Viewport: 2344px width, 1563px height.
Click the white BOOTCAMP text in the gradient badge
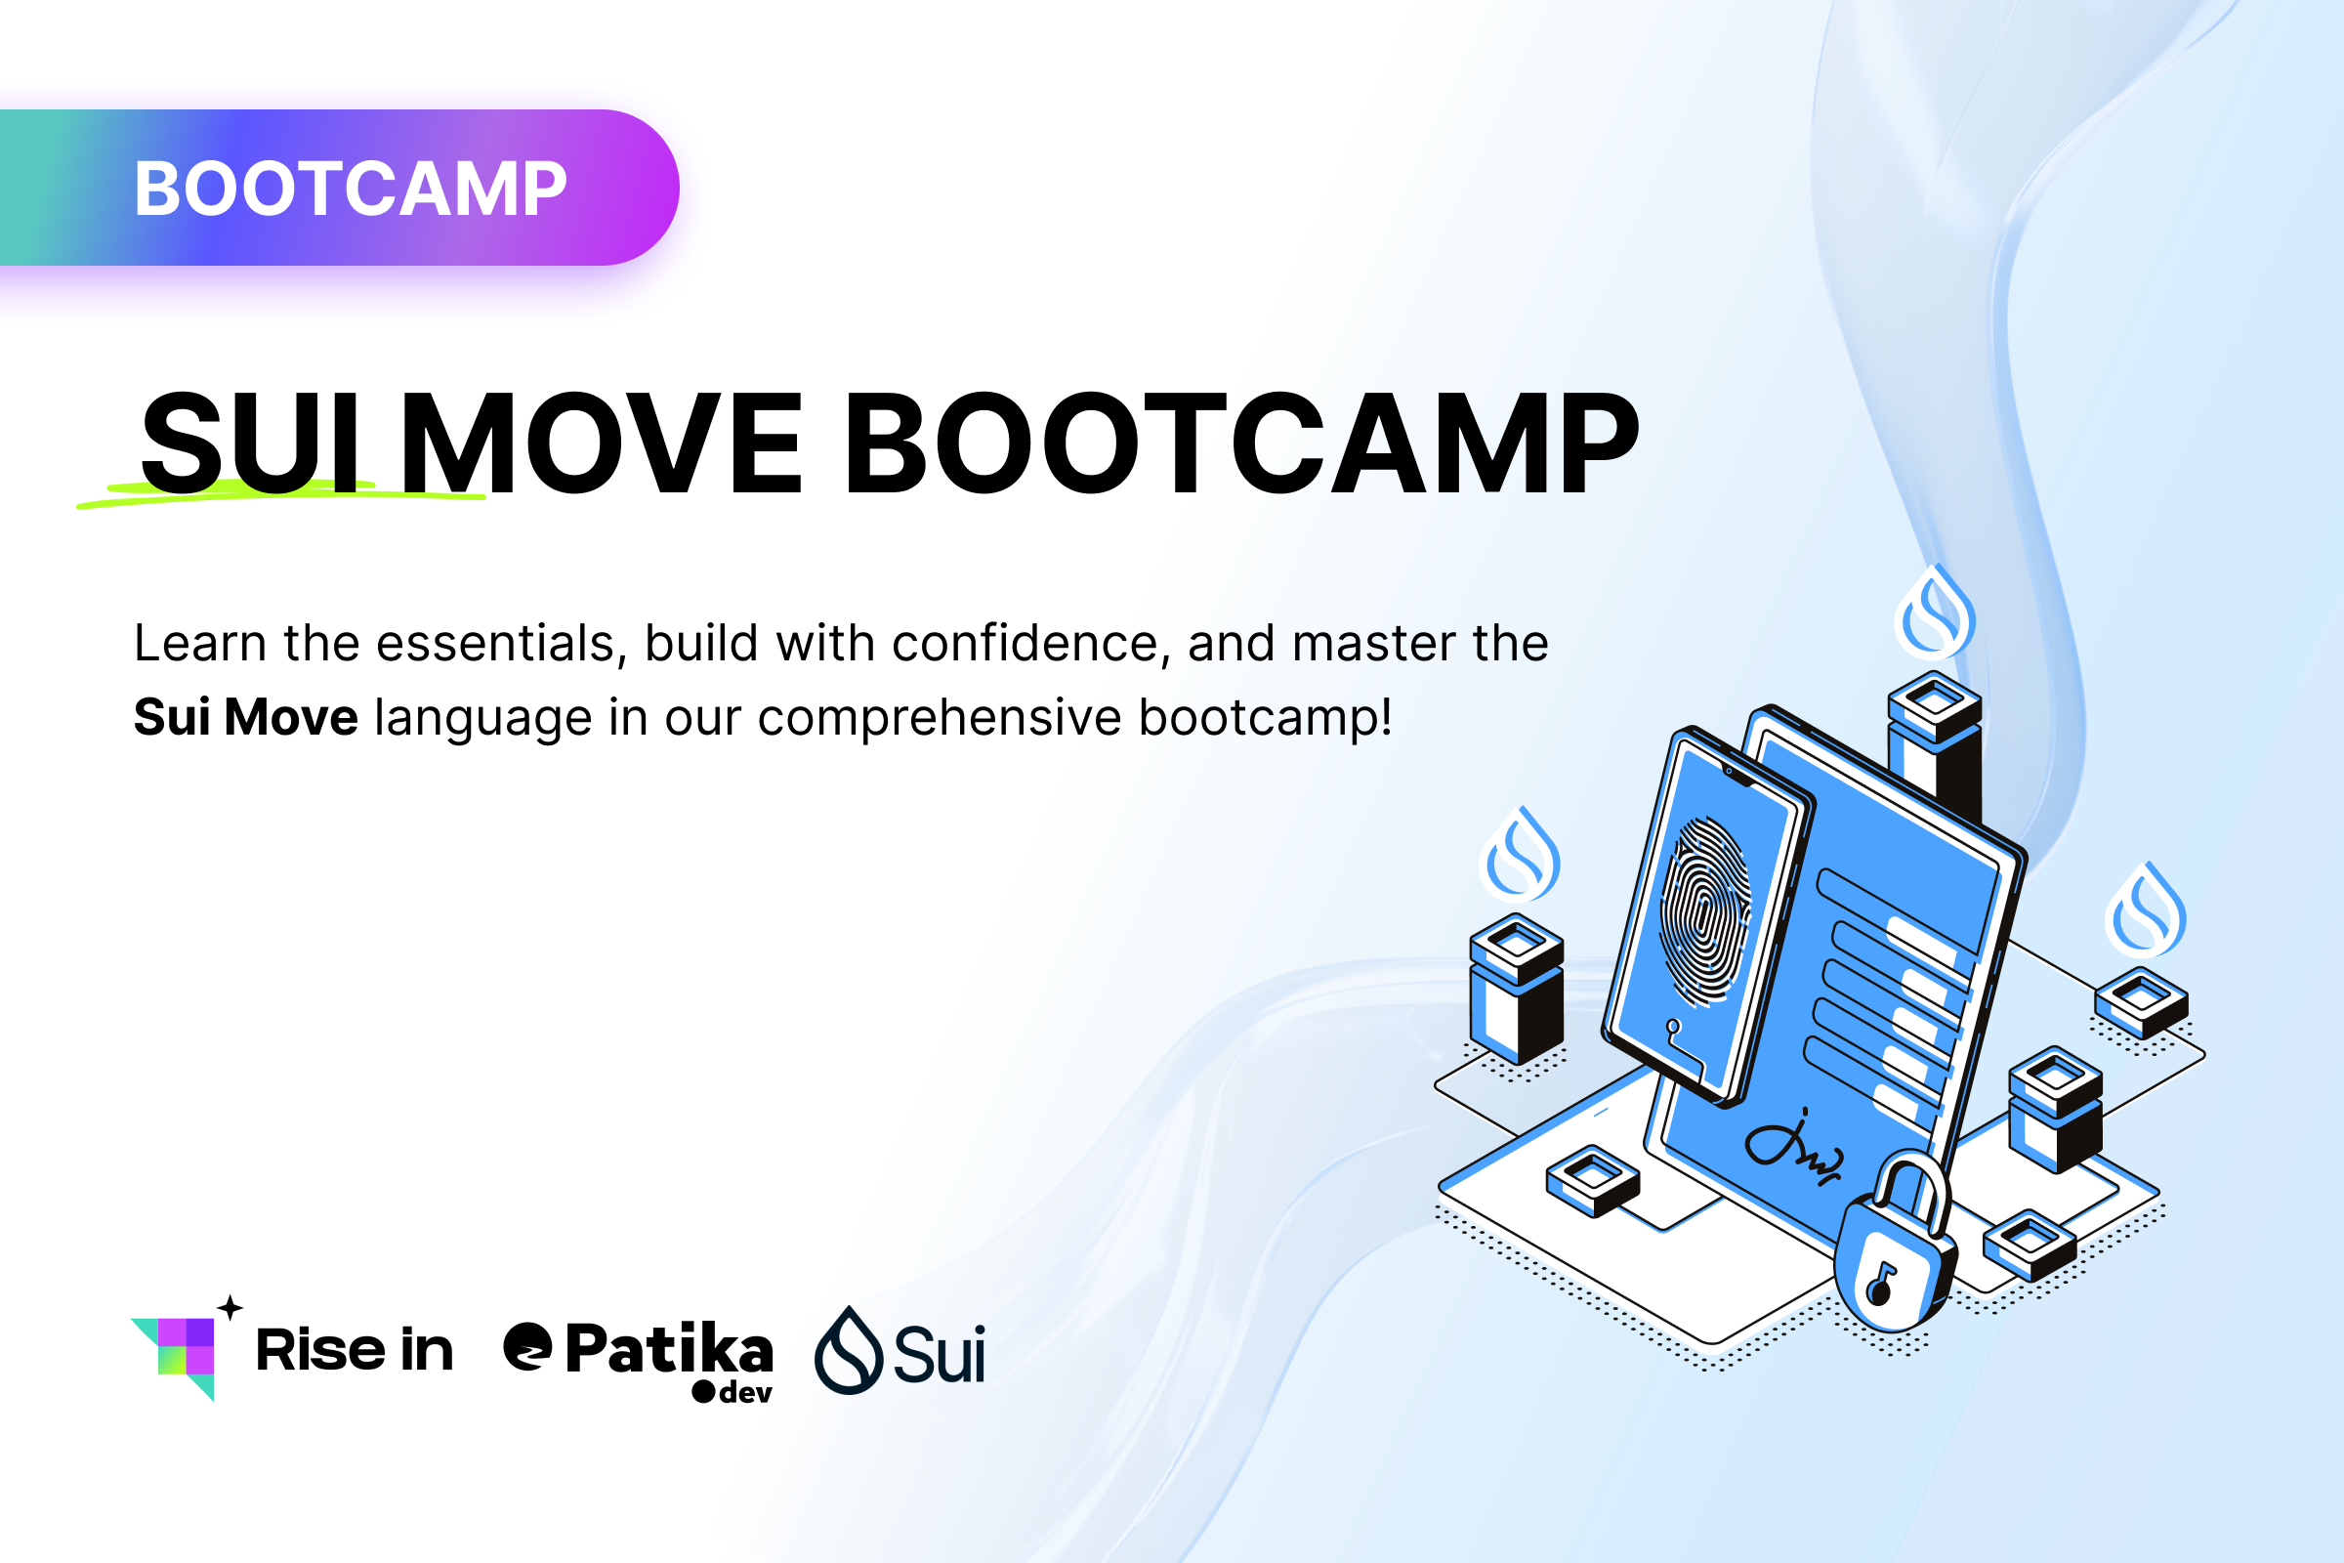tap(350, 189)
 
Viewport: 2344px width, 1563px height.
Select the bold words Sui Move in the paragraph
tap(245, 718)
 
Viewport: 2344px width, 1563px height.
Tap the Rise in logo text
tap(354, 1350)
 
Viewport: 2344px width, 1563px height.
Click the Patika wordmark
tap(668, 1350)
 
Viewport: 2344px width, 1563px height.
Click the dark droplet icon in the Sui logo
tap(848, 1351)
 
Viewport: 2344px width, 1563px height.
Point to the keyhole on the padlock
tap(1881, 1286)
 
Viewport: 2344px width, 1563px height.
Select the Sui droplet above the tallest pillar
tap(1935, 615)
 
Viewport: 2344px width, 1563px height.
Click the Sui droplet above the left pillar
tap(1521, 858)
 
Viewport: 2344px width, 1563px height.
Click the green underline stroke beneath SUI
tap(279, 494)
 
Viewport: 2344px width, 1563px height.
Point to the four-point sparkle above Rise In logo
tap(230, 1307)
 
